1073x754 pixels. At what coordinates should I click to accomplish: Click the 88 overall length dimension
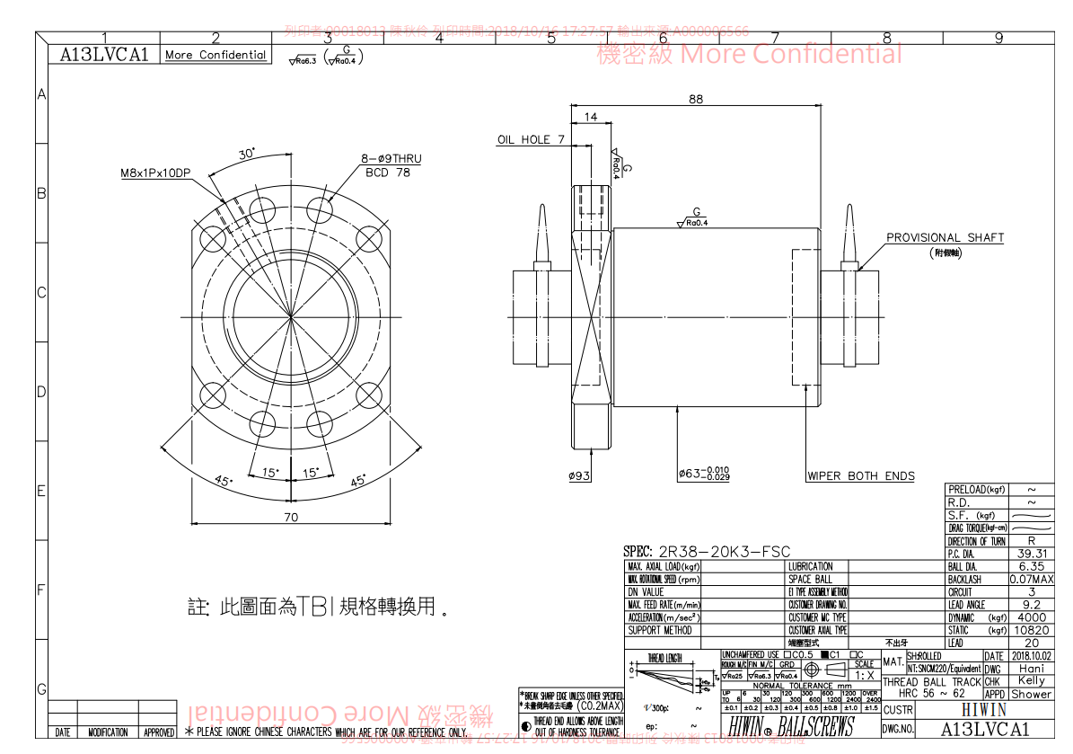[696, 99]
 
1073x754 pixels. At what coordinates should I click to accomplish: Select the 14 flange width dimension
[591, 117]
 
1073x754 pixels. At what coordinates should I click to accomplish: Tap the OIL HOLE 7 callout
[531, 139]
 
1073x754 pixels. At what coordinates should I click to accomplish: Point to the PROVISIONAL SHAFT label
[945, 238]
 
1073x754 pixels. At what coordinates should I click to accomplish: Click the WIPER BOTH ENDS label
[860, 476]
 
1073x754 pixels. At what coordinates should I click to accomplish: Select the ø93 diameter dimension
[579, 476]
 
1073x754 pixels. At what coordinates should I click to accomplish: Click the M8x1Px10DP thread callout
[156, 173]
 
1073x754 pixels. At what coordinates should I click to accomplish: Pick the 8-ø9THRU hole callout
[391, 159]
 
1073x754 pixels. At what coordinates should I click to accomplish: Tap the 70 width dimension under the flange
[290, 517]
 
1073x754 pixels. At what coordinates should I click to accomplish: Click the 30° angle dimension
[246, 153]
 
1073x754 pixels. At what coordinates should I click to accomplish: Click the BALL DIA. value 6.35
[1031, 567]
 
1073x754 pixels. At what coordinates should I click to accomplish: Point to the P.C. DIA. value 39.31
[1031, 554]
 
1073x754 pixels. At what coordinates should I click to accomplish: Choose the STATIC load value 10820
[1031, 631]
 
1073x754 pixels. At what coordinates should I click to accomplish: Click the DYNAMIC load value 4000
[1031, 618]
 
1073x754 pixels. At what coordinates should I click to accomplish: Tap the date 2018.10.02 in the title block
[1031, 657]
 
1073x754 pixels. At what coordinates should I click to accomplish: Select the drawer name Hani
[1031, 670]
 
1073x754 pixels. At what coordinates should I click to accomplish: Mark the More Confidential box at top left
[215, 55]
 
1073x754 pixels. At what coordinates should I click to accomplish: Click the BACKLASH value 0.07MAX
[1031, 580]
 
